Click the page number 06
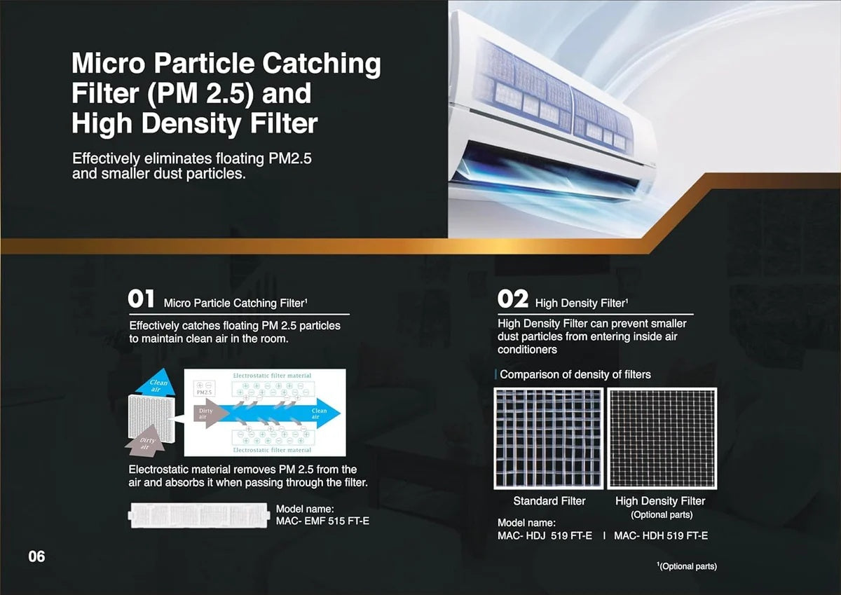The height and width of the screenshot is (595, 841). (x=36, y=556)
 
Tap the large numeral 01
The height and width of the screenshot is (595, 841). (x=141, y=299)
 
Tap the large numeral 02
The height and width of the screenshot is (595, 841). (x=513, y=299)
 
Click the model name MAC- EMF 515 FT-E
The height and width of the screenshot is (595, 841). (x=322, y=521)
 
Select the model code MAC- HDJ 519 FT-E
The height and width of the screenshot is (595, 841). (x=545, y=535)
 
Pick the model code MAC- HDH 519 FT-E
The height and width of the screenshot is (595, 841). (x=661, y=535)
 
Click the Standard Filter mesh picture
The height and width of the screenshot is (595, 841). (x=549, y=439)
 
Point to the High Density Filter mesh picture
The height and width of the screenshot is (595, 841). (x=662, y=439)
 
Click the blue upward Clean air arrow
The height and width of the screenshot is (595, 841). (x=156, y=383)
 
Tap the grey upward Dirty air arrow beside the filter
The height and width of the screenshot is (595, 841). (x=146, y=442)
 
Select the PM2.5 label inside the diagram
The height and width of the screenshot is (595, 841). (x=204, y=392)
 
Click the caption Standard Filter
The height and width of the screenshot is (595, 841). (x=549, y=501)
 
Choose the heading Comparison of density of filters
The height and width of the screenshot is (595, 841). (x=575, y=374)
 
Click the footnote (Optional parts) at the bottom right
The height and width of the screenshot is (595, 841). (x=687, y=566)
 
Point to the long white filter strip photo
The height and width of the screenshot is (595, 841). (x=198, y=515)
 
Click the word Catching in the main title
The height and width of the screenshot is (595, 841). (x=322, y=64)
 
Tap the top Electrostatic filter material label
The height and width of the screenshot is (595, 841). (x=272, y=376)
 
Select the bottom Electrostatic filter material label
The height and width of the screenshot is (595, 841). (x=272, y=450)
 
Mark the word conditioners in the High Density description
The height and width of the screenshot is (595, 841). (x=527, y=350)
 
